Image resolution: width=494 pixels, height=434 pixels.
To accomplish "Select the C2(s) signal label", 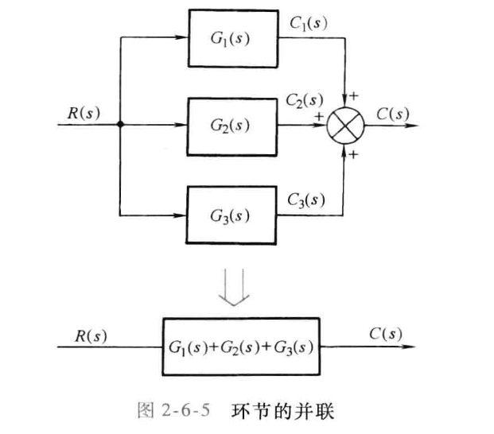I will [305, 101].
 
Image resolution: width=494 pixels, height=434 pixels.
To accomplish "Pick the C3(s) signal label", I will [305, 199].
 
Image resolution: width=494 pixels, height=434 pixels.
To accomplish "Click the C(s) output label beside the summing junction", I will [393, 113].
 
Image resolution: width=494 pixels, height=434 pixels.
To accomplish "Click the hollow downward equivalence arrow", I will [236, 285].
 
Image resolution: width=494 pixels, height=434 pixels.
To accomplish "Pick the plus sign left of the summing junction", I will [319, 116].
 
